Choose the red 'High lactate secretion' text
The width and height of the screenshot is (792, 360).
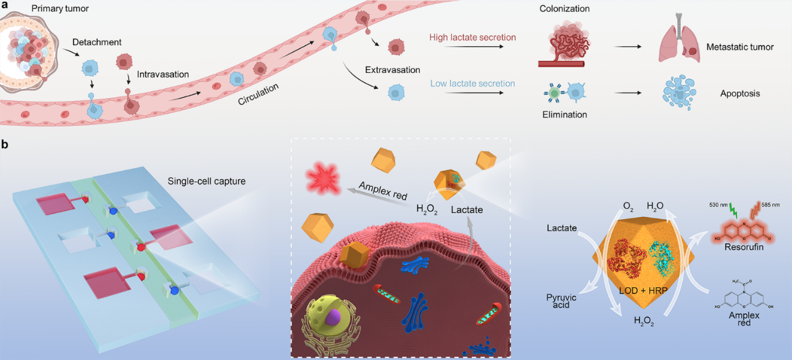click(472, 38)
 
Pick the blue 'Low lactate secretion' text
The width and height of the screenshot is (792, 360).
click(472, 83)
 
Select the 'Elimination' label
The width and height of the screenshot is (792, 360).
click(565, 115)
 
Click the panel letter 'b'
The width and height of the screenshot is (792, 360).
click(6, 145)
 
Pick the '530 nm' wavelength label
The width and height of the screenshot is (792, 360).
click(710, 204)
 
